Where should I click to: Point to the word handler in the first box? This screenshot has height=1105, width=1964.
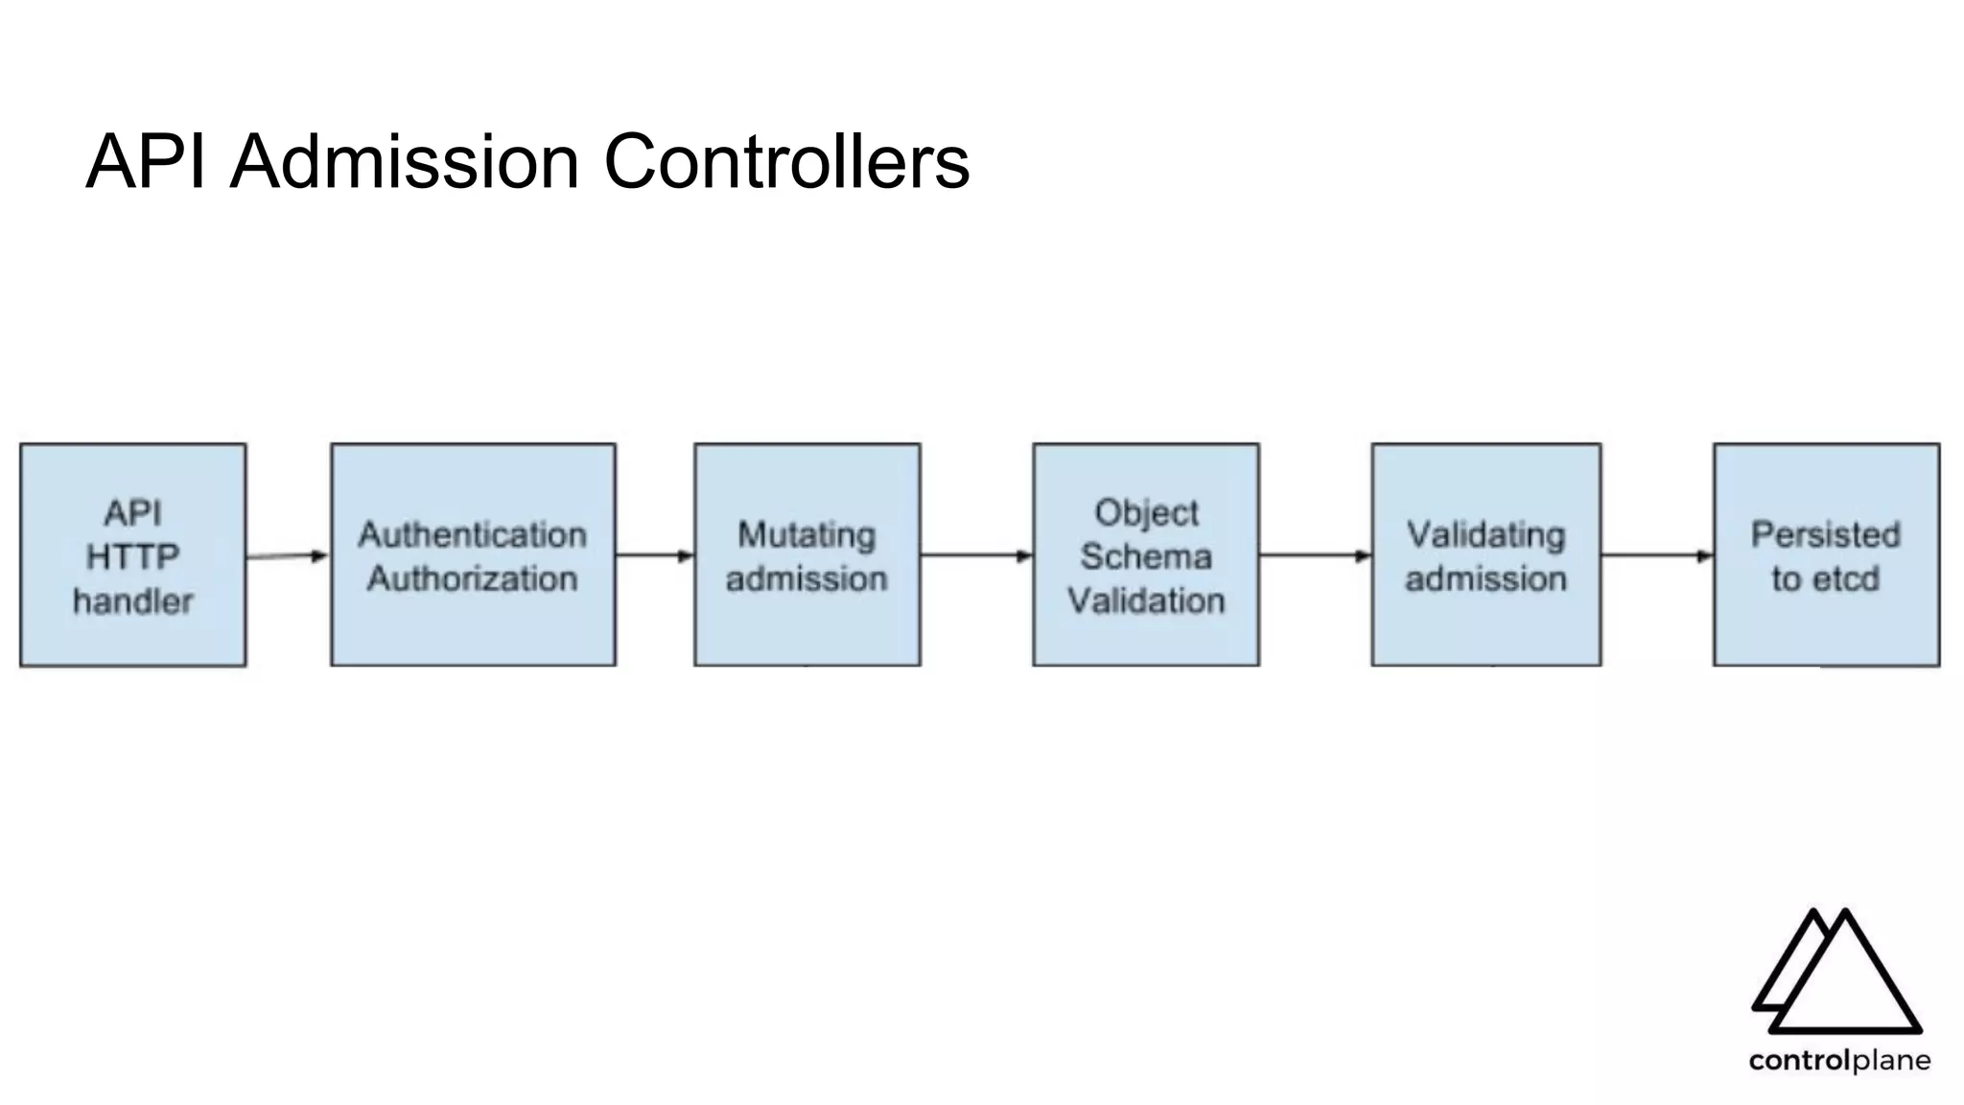click(133, 601)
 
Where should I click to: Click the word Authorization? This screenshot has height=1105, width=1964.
click(473, 578)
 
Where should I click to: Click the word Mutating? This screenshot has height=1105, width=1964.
click(807, 534)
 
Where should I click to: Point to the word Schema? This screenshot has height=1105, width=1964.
click(1146, 556)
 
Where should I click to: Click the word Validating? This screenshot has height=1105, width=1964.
click(1485, 534)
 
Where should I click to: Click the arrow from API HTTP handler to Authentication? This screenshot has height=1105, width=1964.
click(287, 556)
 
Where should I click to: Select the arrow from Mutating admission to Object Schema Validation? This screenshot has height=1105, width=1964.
click(975, 555)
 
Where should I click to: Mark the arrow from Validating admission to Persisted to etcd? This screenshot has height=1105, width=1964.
click(1656, 555)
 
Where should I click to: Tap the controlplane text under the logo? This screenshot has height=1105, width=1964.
click(1839, 1061)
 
